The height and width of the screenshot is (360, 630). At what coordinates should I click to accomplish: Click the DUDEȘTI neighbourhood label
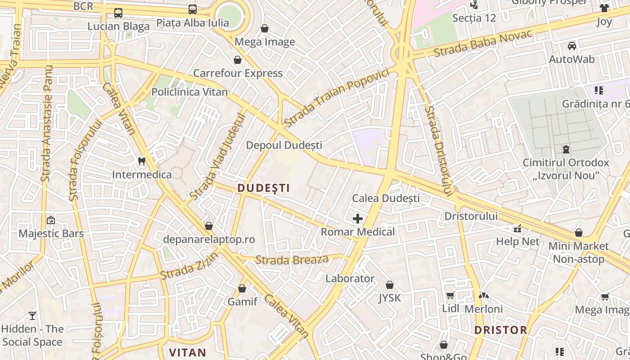pos(264,188)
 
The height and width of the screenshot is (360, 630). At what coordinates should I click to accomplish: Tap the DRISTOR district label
pos(500,330)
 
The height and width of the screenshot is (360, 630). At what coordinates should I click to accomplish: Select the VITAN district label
pos(187,352)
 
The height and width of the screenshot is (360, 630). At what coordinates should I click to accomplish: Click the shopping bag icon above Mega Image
pos(265,28)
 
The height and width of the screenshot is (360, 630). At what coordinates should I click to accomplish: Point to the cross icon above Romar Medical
pos(358,219)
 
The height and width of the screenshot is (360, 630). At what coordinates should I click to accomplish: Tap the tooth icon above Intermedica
pos(142,161)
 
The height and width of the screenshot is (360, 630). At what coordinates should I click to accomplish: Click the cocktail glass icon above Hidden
pos(32,315)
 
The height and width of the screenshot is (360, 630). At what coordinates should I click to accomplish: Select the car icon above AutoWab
pos(571,45)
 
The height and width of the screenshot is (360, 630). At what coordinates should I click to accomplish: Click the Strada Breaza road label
pos(292,260)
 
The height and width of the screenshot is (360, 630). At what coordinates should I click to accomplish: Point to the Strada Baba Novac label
pos(483,44)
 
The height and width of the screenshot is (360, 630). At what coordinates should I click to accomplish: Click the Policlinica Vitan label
pos(189,92)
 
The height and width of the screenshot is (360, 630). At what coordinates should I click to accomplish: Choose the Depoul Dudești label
pos(284,145)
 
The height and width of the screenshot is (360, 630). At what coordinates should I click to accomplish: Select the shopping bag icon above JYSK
pos(390,285)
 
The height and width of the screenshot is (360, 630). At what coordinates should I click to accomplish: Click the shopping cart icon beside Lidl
pos(450,296)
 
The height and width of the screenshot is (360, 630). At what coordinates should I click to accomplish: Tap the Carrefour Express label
pos(238,73)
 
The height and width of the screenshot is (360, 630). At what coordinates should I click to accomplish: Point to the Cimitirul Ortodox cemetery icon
pos(566,149)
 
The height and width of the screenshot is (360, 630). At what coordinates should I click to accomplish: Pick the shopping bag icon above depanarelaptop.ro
pos(208,225)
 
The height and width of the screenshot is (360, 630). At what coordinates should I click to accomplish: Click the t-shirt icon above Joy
pos(604,8)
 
